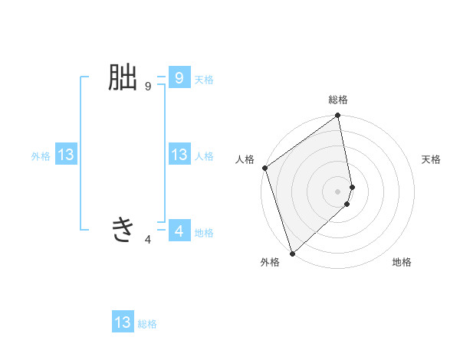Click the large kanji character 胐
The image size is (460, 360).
coord(123,78)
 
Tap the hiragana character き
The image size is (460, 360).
coord(123,229)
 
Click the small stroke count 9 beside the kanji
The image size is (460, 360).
coord(148,87)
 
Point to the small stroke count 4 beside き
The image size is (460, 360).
coord(148,240)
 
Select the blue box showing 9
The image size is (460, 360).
coord(179,78)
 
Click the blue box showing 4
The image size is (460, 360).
coord(179,231)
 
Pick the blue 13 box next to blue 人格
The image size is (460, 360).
coord(179,155)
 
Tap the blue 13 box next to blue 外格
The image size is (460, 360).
coord(66,155)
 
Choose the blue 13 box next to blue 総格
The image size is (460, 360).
coord(123,322)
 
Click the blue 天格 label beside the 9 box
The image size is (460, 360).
coord(204,79)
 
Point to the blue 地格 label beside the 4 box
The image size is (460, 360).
coord(204,232)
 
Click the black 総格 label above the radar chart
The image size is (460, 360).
coord(338,100)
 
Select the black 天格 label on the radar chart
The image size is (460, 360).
coord(432,159)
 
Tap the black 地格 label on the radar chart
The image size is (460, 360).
coord(402,262)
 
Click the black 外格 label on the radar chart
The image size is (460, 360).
coord(270,262)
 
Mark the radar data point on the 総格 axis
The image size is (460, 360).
coord(338,116)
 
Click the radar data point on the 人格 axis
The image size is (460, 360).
coord(264,168)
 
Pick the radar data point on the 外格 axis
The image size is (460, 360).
coord(292,254)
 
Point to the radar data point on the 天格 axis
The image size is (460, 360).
coord(352,186)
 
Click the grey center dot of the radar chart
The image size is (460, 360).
coord(338,191)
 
